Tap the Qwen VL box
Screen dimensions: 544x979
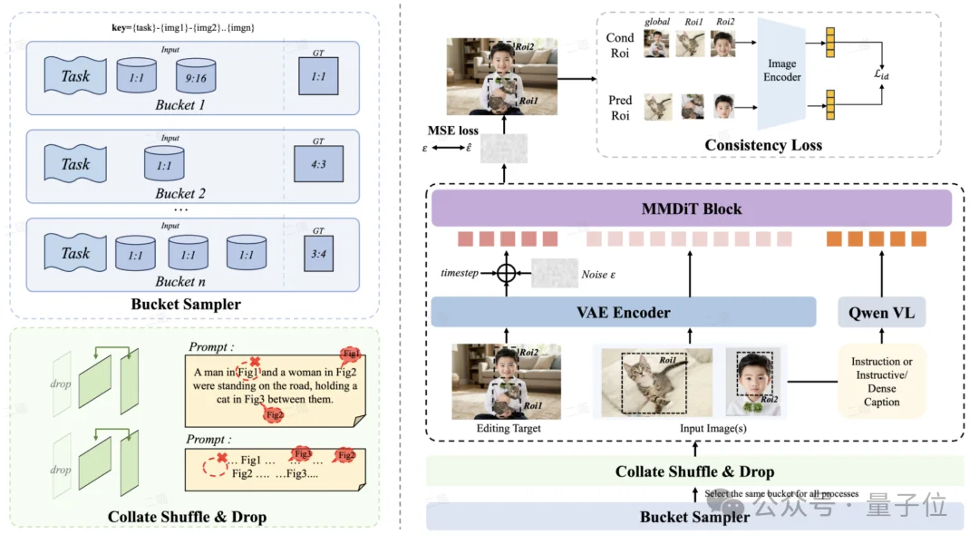(x=882, y=312)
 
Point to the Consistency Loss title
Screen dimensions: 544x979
(x=763, y=145)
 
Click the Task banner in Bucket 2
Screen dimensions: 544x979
(x=76, y=164)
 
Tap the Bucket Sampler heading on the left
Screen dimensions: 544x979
(x=186, y=305)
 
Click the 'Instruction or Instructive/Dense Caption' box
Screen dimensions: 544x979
(x=881, y=382)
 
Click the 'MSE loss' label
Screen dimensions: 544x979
(x=455, y=131)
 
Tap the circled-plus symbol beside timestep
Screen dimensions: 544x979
(x=506, y=271)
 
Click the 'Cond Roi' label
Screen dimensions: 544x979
(x=620, y=44)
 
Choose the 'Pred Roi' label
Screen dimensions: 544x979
(x=620, y=108)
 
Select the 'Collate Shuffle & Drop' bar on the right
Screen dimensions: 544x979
(x=694, y=471)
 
